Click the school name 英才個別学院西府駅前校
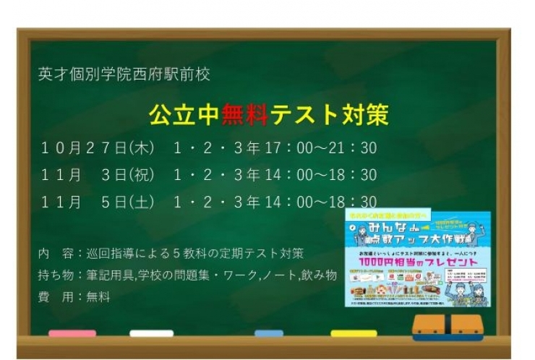124,74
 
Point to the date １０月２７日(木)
97,148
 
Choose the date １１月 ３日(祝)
97,175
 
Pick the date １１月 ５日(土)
97,202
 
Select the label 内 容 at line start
52,254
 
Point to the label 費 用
52,296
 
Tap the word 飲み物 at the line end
320,275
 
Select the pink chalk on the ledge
72,333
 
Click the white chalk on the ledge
151,333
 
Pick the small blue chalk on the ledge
269,333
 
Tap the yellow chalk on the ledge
354,333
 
